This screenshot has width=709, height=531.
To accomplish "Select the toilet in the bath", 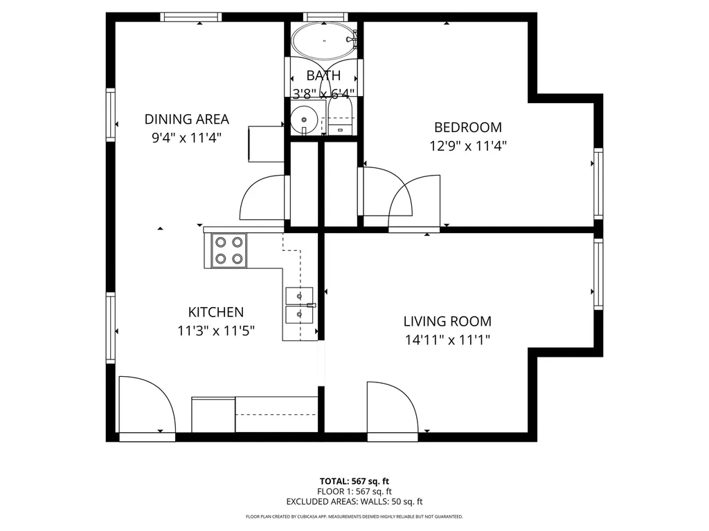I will (x=340, y=120).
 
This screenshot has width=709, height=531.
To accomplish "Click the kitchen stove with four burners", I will (x=228, y=250).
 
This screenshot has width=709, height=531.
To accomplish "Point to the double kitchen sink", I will (x=299, y=305).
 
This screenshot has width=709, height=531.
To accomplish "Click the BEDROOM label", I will (x=467, y=127).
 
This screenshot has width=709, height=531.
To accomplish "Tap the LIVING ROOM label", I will (x=447, y=321).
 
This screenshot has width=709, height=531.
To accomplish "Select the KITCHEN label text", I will (x=216, y=312).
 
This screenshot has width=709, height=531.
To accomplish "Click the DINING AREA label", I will (x=186, y=119).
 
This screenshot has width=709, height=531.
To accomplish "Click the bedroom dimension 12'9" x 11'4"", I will (x=467, y=146).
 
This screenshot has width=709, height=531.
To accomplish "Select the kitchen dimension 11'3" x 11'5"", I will (x=216, y=330).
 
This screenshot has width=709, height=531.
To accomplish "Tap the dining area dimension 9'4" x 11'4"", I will (x=186, y=138).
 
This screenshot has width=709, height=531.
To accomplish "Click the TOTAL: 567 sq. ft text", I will (x=354, y=481).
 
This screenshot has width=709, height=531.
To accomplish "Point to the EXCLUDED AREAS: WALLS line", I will (x=354, y=502).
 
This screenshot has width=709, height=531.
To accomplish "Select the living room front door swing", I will (x=391, y=409).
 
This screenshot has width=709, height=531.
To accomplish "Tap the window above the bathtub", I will (x=324, y=17).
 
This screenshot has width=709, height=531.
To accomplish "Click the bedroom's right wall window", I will (x=598, y=183).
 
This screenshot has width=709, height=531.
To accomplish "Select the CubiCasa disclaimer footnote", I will (x=354, y=516).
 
